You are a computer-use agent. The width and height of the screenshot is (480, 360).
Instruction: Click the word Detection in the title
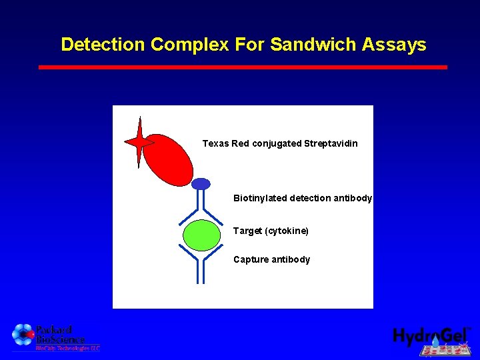[x=103, y=45]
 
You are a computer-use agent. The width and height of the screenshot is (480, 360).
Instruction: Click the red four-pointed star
[x=139, y=142]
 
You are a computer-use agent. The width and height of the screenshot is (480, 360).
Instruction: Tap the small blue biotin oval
[x=201, y=184]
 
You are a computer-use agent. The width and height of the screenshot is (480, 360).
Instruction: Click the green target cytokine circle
[x=201, y=235]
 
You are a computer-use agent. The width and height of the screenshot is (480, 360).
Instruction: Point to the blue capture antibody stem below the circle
[x=201, y=269]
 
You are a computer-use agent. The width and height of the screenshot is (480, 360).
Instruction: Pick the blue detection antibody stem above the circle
[x=201, y=200]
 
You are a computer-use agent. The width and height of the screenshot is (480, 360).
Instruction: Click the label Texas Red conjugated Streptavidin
[x=280, y=143]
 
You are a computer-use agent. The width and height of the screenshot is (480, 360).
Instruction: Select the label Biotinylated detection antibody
[x=303, y=198]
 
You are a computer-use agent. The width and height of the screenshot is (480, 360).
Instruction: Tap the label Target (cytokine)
[x=271, y=231]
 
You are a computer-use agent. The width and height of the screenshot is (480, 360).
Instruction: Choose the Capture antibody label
[x=271, y=259]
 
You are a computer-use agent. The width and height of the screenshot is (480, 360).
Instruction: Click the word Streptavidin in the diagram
[x=331, y=143]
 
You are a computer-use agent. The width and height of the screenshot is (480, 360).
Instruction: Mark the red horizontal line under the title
[x=243, y=67]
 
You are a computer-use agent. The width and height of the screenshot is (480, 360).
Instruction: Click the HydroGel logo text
[x=430, y=336]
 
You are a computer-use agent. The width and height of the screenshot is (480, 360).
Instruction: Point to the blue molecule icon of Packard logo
[x=23, y=334]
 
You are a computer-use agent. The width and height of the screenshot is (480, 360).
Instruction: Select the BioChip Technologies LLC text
[x=67, y=348]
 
